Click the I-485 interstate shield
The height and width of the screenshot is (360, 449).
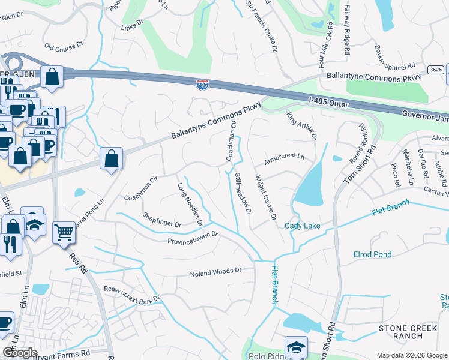(203, 85)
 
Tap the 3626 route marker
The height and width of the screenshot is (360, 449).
(436, 70)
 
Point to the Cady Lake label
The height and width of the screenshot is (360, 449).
(302, 226)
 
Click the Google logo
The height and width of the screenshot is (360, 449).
(19, 352)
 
